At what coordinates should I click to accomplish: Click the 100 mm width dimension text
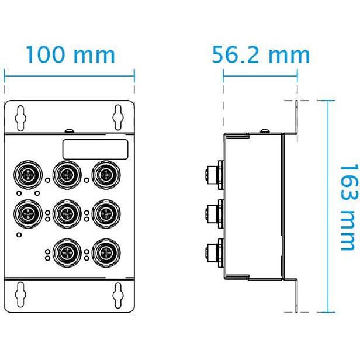pos(70,55)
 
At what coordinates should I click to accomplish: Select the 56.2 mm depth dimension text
pos(260,55)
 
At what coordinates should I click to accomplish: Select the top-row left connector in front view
pos(26,174)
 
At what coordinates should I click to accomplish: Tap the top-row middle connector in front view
pos(66,174)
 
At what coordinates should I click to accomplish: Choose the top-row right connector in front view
pos(106,174)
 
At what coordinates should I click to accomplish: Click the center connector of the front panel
pos(66,213)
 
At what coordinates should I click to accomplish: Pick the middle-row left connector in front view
pos(26,213)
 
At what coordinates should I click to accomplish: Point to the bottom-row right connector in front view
pos(106,253)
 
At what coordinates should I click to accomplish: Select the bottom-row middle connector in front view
pos(66,253)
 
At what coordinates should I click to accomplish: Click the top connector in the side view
pos(213,174)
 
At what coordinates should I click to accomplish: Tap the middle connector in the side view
pos(213,212)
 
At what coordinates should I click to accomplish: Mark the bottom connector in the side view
pos(213,252)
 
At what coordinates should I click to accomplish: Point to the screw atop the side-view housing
pos(264,129)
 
